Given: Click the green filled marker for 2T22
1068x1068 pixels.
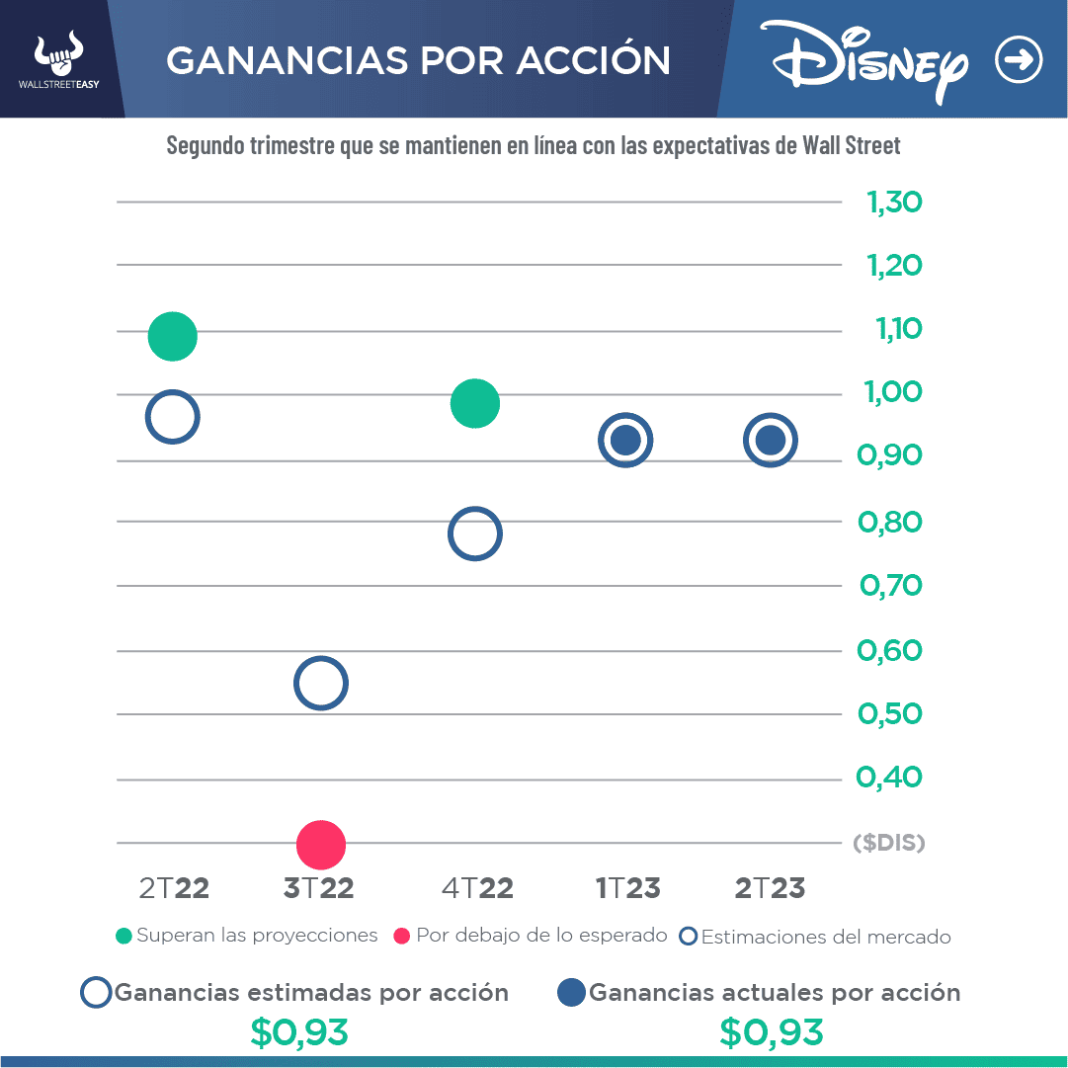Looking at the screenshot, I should (173, 336).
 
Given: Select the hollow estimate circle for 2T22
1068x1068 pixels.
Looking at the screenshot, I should (173, 418).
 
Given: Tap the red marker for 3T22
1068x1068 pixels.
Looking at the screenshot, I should (321, 845).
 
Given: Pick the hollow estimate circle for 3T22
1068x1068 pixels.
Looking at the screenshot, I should (321, 683).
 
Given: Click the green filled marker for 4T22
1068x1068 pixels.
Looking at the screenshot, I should (474, 403).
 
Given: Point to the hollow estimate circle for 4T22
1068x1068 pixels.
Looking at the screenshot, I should (474, 534).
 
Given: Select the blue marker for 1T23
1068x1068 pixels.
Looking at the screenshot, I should (625, 441).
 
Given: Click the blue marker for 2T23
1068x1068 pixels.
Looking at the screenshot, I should (771, 441).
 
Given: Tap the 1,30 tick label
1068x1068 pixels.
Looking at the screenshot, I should (894, 203).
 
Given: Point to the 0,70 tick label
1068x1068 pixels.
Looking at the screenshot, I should (890, 586).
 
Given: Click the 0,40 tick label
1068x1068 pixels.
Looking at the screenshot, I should (889, 778).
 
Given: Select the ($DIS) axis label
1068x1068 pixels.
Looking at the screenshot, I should (888, 843).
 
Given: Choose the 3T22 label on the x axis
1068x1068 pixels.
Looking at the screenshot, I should (318, 888).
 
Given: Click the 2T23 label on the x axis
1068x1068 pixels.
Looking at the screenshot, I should (770, 888).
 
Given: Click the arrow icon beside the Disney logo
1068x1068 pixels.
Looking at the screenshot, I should (1018, 61).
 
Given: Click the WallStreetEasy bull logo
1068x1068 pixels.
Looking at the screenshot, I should (59, 54).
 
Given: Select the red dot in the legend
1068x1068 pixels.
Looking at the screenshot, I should (401, 936).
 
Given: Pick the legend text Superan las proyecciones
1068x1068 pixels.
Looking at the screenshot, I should (257, 936).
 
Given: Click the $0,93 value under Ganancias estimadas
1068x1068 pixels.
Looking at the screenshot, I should (299, 1032).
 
